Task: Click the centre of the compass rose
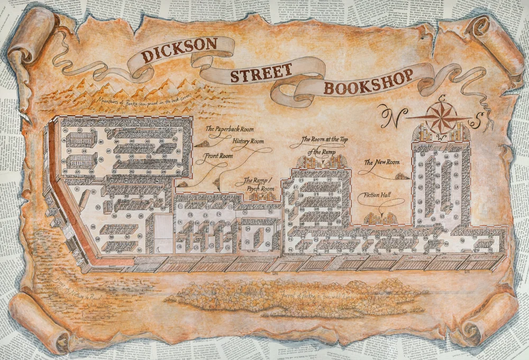[438, 118]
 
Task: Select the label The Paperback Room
[229, 129]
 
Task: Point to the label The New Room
[382, 163]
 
